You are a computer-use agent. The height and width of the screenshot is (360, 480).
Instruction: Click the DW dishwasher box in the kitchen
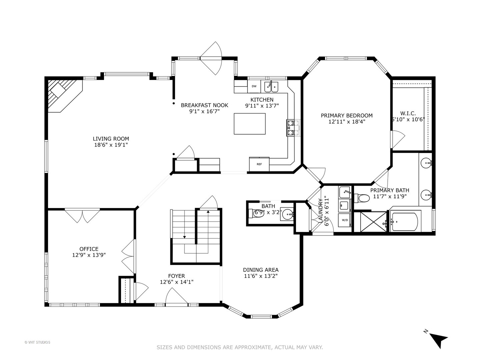click(x=254, y=86)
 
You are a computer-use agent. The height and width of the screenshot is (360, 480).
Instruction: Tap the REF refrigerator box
click(x=259, y=164)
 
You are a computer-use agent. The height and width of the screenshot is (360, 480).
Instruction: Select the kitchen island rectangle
click(x=250, y=124)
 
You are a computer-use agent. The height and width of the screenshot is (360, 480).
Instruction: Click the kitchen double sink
click(x=271, y=87)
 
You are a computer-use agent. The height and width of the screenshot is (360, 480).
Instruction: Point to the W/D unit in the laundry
click(x=345, y=220)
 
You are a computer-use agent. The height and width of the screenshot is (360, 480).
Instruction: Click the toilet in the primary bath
click(x=362, y=198)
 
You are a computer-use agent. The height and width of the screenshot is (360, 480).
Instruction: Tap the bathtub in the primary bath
click(x=405, y=222)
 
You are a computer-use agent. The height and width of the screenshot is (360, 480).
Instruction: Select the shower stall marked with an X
click(x=370, y=222)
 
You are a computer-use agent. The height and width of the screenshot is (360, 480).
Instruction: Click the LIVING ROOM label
click(x=111, y=139)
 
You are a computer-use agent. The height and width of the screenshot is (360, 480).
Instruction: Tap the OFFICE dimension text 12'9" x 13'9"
click(x=89, y=255)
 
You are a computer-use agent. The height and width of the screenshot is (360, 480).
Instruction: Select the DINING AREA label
click(x=261, y=270)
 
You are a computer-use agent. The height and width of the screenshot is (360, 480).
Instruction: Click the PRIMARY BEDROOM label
click(x=347, y=115)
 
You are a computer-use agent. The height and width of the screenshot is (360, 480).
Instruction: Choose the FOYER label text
click(x=176, y=276)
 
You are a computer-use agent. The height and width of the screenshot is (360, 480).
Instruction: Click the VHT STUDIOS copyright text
click(x=37, y=342)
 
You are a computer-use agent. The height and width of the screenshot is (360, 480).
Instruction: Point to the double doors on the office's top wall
click(x=82, y=216)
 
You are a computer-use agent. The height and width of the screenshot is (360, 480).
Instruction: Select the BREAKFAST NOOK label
click(x=204, y=105)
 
